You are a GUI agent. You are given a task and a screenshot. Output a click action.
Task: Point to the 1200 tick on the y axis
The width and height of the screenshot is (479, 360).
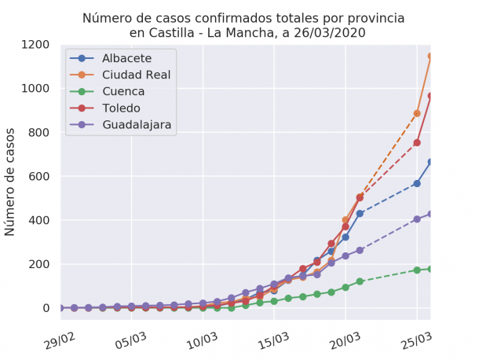click(x=35, y=44)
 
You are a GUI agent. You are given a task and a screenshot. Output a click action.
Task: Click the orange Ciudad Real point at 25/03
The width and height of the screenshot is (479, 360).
click(x=417, y=113)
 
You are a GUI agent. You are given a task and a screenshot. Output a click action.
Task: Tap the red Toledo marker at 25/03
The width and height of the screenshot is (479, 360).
click(x=417, y=142)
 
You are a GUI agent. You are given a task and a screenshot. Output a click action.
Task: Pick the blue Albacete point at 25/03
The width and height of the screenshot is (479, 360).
click(x=417, y=183)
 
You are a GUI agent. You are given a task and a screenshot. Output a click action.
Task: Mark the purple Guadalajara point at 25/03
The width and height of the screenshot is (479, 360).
click(x=417, y=219)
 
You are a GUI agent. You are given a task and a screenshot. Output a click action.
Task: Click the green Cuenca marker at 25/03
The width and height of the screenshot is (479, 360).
click(x=417, y=270)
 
